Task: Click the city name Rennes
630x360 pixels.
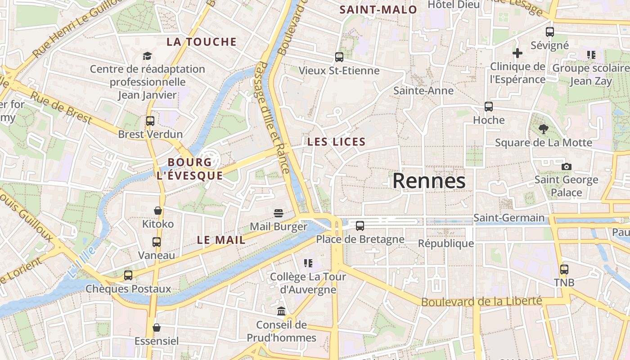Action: pyautogui.click(x=429, y=181)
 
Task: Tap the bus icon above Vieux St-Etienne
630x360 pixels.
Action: pyautogui.click(x=339, y=57)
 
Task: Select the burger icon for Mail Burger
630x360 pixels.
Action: pyautogui.click(x=279, y=213)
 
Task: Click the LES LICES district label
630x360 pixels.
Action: pyautogui.click(x=336, y=142)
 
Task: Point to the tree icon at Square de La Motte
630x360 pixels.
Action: pyautogui.click(x=544, y=129)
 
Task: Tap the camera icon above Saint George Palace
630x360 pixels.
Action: pyautogui.click(x=567, y=166)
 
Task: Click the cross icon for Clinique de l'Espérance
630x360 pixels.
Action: pyautogui.click(x=517, y=53)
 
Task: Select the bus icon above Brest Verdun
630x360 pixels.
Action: pyautogui.click(x=150, y=121)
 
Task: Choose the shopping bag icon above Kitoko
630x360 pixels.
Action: pyautogui.click(x=158, y=210)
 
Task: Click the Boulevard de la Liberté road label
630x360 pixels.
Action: pyautogui.click(x=481, y=301)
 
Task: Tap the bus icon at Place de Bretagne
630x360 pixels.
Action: pyautogui.click(x=360, y=226)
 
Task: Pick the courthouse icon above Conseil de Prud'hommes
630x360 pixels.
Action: pyautogui.click(x=282, y=311)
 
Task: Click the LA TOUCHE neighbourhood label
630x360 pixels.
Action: pyautogui.click(x=202, y=42)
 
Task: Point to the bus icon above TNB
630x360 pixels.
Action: pyautogui.click(x=564, y=270)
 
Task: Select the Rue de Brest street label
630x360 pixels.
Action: pyautogui.click(x=61, y=108)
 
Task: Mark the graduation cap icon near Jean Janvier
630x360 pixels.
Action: pyautogui.click(x=148, y=56)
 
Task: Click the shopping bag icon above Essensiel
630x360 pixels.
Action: pyautogui.click(x=157, y=327)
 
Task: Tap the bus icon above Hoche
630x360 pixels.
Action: pyautogui.click(x=489, y=107)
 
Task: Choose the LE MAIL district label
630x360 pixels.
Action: pyautogui.click(x=221, y=240)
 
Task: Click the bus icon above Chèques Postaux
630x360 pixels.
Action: pyautogui.click(x=128, y=275)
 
